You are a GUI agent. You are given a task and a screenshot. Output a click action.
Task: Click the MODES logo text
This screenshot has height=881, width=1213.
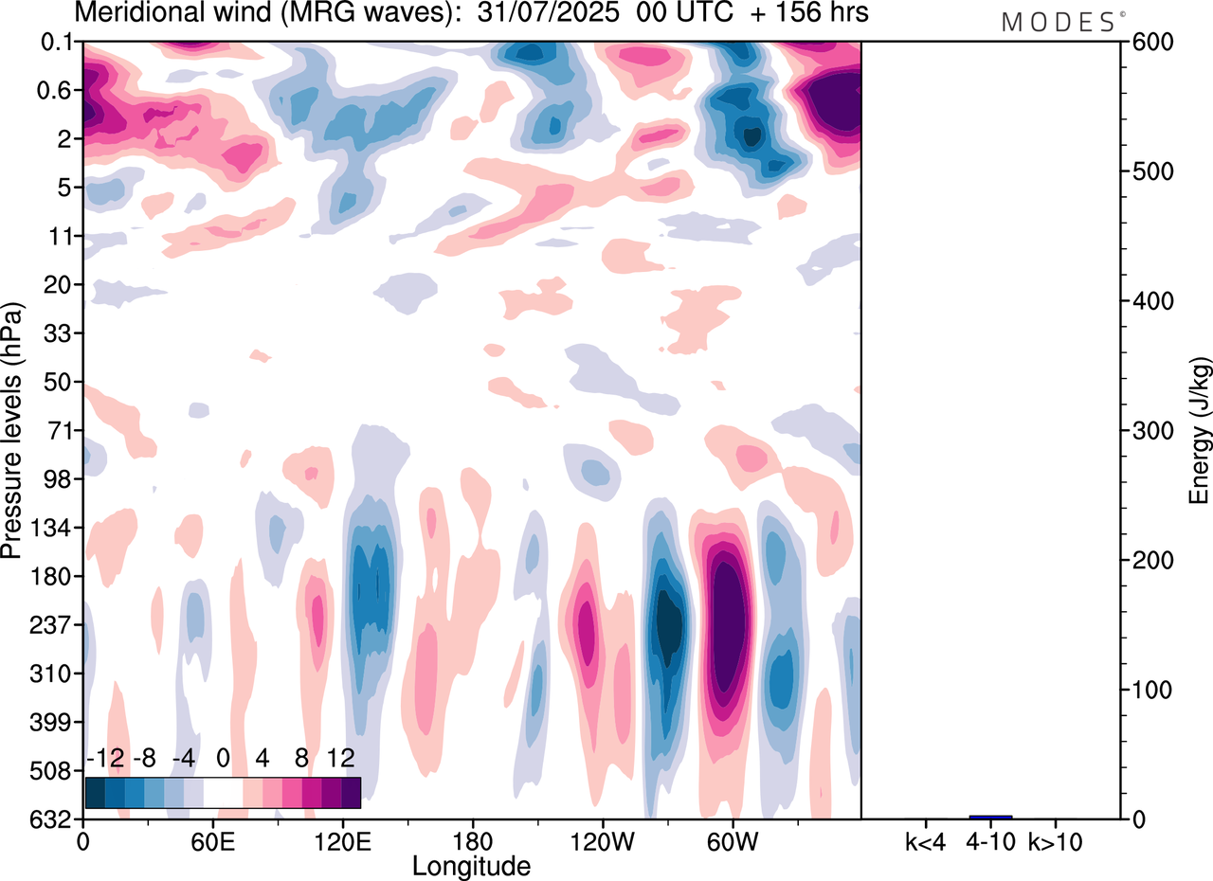[x=1058, y=22]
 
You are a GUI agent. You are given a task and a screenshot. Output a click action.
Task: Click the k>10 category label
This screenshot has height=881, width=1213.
[x=1056, y=842]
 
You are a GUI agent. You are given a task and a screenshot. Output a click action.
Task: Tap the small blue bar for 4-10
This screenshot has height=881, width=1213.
[x=990, y=817]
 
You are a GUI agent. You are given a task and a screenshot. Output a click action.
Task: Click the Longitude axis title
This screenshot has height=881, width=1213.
[x=471, y=866]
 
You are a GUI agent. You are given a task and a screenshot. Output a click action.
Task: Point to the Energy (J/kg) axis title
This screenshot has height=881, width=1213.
[x=1200, y=430]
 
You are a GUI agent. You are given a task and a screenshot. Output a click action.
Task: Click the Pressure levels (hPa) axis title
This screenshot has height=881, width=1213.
[x=13, y=430]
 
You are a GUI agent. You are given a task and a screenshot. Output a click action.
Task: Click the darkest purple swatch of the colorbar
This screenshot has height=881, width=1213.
[x=351, y=792]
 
